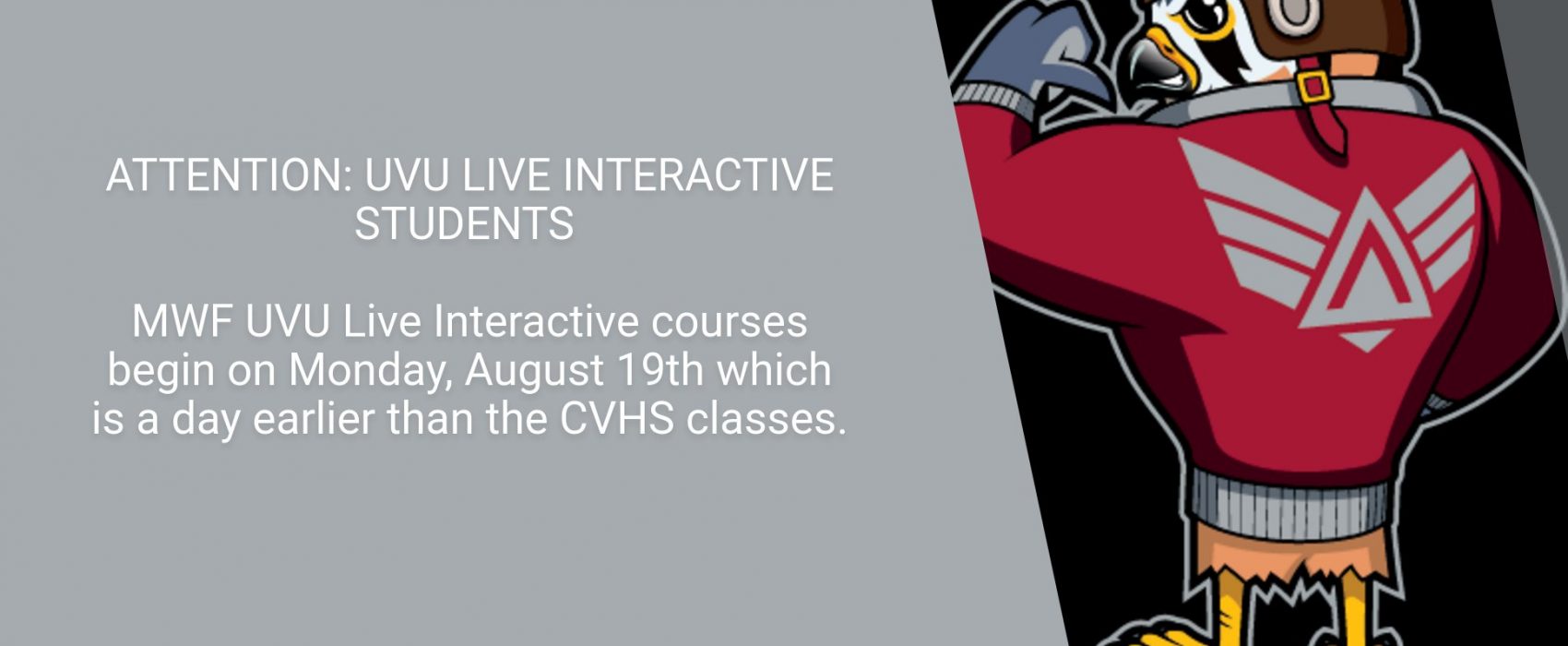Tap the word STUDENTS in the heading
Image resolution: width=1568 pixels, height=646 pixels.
pos(464,224)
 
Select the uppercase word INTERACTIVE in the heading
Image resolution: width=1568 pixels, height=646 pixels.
pos(698,175)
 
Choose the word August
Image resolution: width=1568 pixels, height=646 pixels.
pos(534,371)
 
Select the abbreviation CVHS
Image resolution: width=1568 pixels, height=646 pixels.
pos(617,419)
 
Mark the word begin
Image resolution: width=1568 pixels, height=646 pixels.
pos(160,371)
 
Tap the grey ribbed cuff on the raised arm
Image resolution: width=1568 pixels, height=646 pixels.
pos(994,102)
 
